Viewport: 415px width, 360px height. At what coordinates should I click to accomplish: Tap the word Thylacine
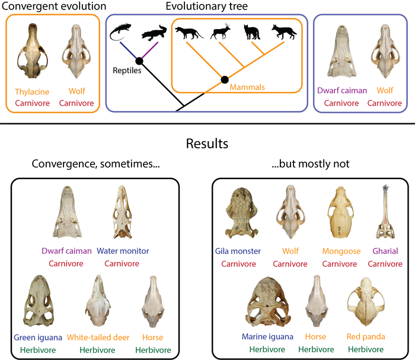33,92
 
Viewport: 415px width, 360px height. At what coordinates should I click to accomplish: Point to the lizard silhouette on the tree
123,31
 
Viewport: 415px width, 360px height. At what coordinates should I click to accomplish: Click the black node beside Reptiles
140,60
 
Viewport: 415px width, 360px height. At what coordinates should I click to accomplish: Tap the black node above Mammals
225,79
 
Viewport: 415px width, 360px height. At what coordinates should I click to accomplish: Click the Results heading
207,144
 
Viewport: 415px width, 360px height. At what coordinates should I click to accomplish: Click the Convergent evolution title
54,7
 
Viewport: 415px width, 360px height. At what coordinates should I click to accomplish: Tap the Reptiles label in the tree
127,71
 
